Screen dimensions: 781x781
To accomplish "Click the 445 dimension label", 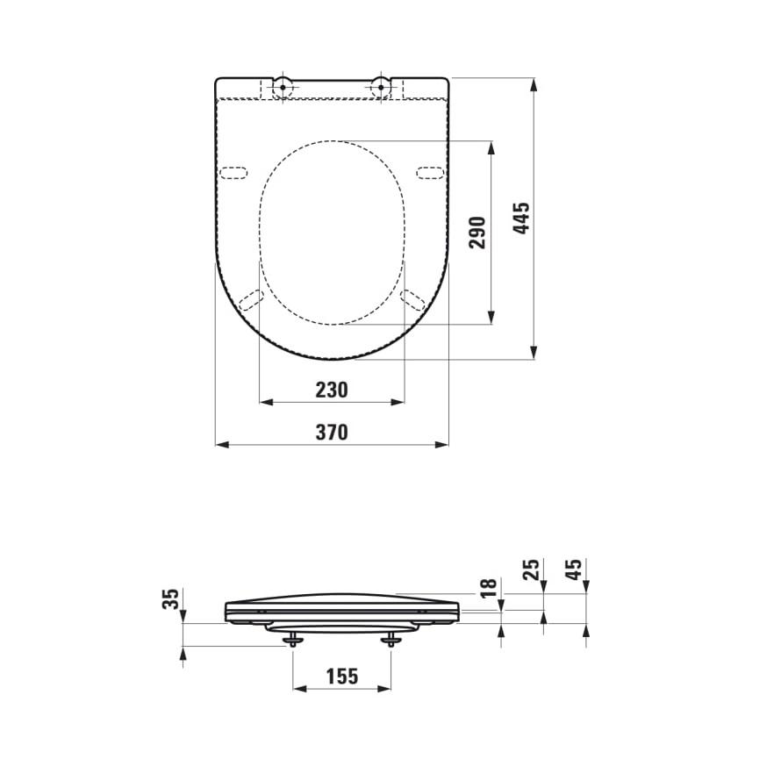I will (x=521, y=218).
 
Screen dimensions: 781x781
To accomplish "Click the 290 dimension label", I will (x=477, y=233).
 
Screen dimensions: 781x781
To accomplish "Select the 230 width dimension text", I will (x=332, y=390).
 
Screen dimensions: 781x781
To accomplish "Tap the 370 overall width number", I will (x=332, y=432).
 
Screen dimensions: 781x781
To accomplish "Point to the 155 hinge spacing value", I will (x=341, y=676).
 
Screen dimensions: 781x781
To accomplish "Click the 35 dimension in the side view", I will (x=173, y=599).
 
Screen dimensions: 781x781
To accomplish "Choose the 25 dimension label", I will (x=529, y=571).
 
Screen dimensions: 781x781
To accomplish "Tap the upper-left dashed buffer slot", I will (x=233, y=171).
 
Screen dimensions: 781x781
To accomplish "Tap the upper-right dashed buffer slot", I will (x=430, y=171).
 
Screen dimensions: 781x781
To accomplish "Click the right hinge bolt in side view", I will (x=390, y=640).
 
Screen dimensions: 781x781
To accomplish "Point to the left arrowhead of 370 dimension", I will (x=219, y=444).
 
